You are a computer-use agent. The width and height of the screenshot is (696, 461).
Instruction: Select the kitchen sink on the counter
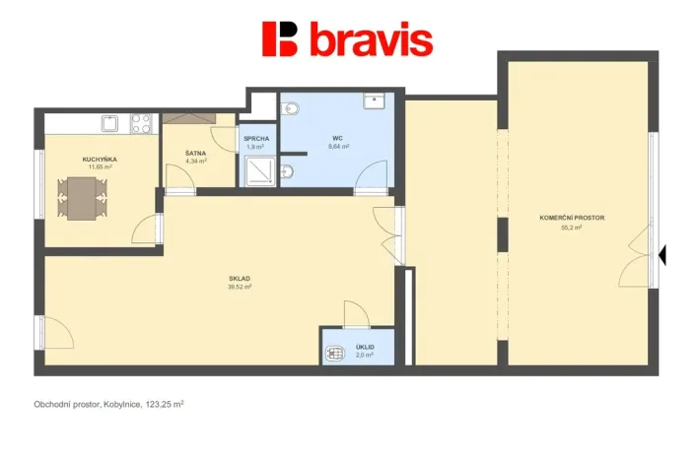point(110,123)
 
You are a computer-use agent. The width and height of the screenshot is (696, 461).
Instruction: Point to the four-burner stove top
point(141,123)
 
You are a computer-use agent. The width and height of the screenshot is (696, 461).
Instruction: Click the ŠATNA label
point(195,153)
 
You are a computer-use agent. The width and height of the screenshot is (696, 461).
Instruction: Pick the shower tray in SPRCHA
point(259,172)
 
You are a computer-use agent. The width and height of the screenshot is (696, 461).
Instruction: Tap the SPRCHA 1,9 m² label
point(256,143)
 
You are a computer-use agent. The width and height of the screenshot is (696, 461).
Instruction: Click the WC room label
point(337,138)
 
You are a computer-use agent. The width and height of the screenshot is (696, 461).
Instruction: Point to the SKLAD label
point(240,279)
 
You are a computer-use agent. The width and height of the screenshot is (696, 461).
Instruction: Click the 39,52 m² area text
point(240,288)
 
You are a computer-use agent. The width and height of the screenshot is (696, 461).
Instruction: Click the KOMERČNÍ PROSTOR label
point(572,218)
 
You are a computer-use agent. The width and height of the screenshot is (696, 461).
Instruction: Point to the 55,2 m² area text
point(572,228)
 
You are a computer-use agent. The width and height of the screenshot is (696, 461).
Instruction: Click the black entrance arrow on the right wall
point(662,255)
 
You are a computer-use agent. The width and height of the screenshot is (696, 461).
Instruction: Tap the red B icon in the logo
point(280,38)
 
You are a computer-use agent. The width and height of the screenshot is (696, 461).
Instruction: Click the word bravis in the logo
point(372,40)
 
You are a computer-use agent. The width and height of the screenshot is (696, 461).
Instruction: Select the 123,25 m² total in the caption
point(165,404)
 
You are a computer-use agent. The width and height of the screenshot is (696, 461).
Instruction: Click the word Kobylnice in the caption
point(119,404)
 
